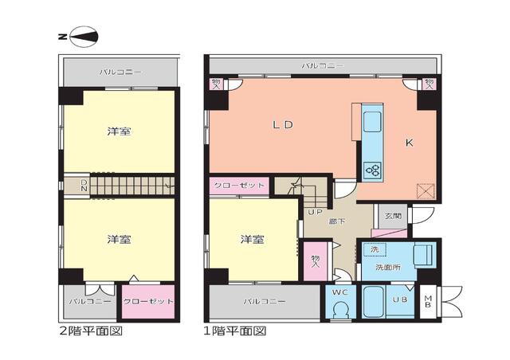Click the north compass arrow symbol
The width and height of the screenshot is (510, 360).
(83, 36)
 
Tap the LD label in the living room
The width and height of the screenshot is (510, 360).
(283, 124)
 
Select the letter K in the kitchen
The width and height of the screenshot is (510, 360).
(409, 143)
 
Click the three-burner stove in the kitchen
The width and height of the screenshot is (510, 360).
(372, 169)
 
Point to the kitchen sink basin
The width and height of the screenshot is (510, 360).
(373, 122)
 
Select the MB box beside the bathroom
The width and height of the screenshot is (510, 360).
(428, 302)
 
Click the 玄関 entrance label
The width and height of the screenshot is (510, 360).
(393, 215)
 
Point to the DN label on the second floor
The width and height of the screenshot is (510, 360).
(84, 186)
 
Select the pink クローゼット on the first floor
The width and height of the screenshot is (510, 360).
(239, 186)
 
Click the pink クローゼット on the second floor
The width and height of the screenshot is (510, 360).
(147, 302)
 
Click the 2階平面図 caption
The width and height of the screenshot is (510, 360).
(91, 330)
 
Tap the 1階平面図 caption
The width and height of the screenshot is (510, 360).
(236, 330)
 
